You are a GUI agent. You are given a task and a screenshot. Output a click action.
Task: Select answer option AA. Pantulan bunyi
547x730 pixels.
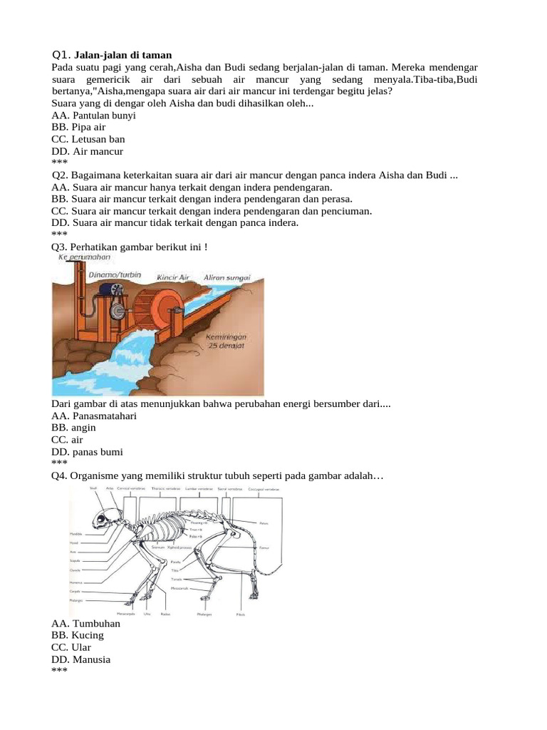[94, 115]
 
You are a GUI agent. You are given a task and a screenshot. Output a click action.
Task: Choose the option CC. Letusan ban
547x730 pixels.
[88, 140]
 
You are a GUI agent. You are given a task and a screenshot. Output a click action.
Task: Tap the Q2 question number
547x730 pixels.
[60, 175]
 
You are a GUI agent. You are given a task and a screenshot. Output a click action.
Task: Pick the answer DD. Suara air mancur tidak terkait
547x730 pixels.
[175, 223]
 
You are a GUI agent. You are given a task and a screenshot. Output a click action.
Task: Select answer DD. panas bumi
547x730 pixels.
[87, 452]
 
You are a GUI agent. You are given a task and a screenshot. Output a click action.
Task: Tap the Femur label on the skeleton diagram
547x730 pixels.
[263, 547]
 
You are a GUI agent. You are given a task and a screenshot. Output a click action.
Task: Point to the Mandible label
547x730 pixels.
[75, 533]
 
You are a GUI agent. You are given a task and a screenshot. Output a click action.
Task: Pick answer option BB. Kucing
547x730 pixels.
[78, 635]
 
